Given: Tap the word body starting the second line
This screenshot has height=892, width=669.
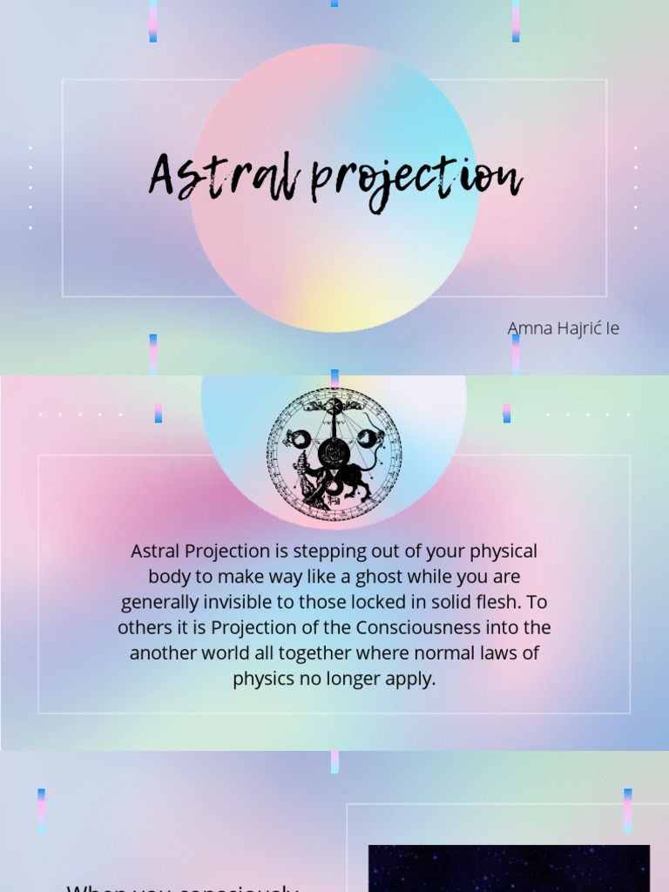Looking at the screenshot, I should point(167,577).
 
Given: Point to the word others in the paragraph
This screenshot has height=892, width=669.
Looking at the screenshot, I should point(145,627).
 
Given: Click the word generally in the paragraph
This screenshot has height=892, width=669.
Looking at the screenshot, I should point(159,602).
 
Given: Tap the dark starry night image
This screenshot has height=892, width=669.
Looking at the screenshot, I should point(509,868).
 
